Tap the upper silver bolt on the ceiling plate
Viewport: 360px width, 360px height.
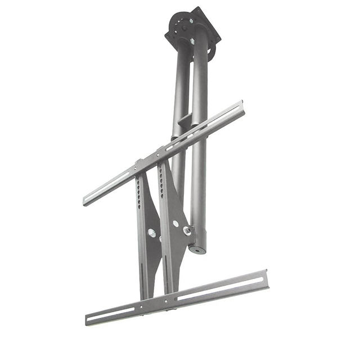coord(191,21)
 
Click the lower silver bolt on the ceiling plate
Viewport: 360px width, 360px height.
coord(192,41)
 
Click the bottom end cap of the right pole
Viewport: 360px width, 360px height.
coord(198,248)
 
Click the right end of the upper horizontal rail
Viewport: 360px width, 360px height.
coord(241,107)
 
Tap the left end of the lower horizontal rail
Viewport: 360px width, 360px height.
coord(89,319)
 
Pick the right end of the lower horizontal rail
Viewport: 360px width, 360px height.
coord(265,279)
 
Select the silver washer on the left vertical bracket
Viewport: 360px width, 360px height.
coord(151,232)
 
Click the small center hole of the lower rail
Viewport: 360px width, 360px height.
coord(168,302)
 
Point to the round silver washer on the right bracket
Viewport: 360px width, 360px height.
coord(175,223)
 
